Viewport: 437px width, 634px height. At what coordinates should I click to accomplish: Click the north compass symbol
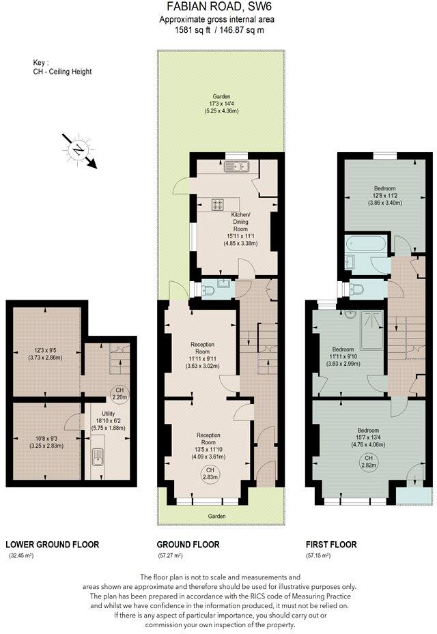(x=80, y=149)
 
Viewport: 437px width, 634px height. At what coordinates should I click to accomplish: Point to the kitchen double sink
(x=240, y=166)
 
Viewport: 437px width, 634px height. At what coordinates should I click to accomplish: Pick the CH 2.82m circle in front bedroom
(x=369, y=461)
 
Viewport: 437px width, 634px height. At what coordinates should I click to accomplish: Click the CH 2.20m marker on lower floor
(x=120, y=393)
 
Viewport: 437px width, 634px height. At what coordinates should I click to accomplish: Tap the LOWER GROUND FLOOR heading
(x=52, y=545)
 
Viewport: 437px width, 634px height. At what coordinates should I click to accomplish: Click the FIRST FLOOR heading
(x=330, y=545)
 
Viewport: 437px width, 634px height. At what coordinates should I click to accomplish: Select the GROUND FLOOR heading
(x=188, y=545)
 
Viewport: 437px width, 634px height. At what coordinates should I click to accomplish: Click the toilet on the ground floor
(x=209, y=291)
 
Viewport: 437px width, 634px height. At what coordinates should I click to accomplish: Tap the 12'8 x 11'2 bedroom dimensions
(x=384, y=196)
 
